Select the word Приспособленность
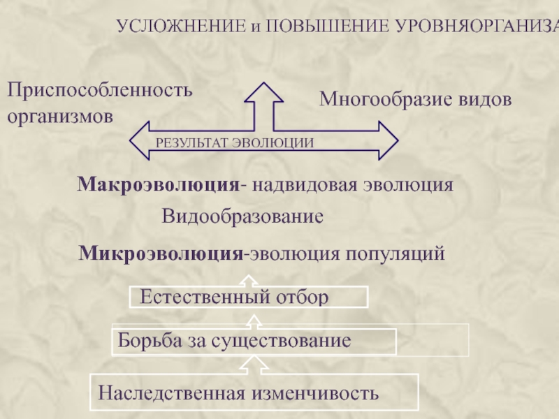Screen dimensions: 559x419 pos(99,89)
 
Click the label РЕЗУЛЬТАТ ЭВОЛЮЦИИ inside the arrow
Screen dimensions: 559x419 pos(235,142)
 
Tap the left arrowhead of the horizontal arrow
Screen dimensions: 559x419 pos(140,140)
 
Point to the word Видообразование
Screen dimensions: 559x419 pos(242,216)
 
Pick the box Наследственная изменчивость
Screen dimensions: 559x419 pos(254,392)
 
